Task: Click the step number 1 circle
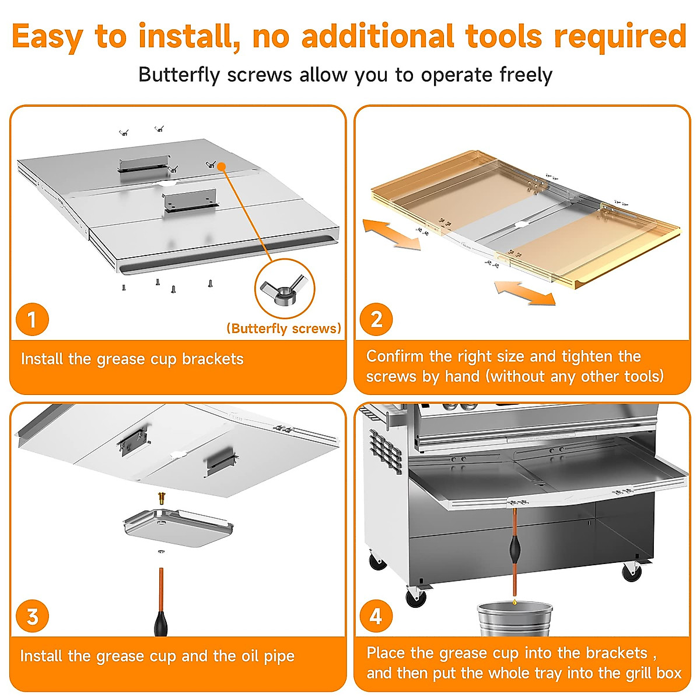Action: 32,319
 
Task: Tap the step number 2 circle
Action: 376,319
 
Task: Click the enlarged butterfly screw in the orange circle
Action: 285,288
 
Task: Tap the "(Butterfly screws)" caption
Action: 284,328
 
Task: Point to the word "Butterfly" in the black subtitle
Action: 179,75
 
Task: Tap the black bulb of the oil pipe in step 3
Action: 161,624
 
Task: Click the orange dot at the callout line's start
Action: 221,166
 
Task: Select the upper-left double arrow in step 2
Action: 391,235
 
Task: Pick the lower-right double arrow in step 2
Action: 525,292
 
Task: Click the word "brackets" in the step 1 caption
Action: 212,359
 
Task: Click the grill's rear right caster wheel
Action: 632,573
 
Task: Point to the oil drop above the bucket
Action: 514,602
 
